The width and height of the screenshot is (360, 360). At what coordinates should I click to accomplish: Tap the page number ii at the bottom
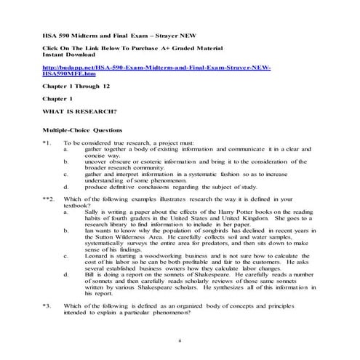pyautogui.click(x=180, y=340)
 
